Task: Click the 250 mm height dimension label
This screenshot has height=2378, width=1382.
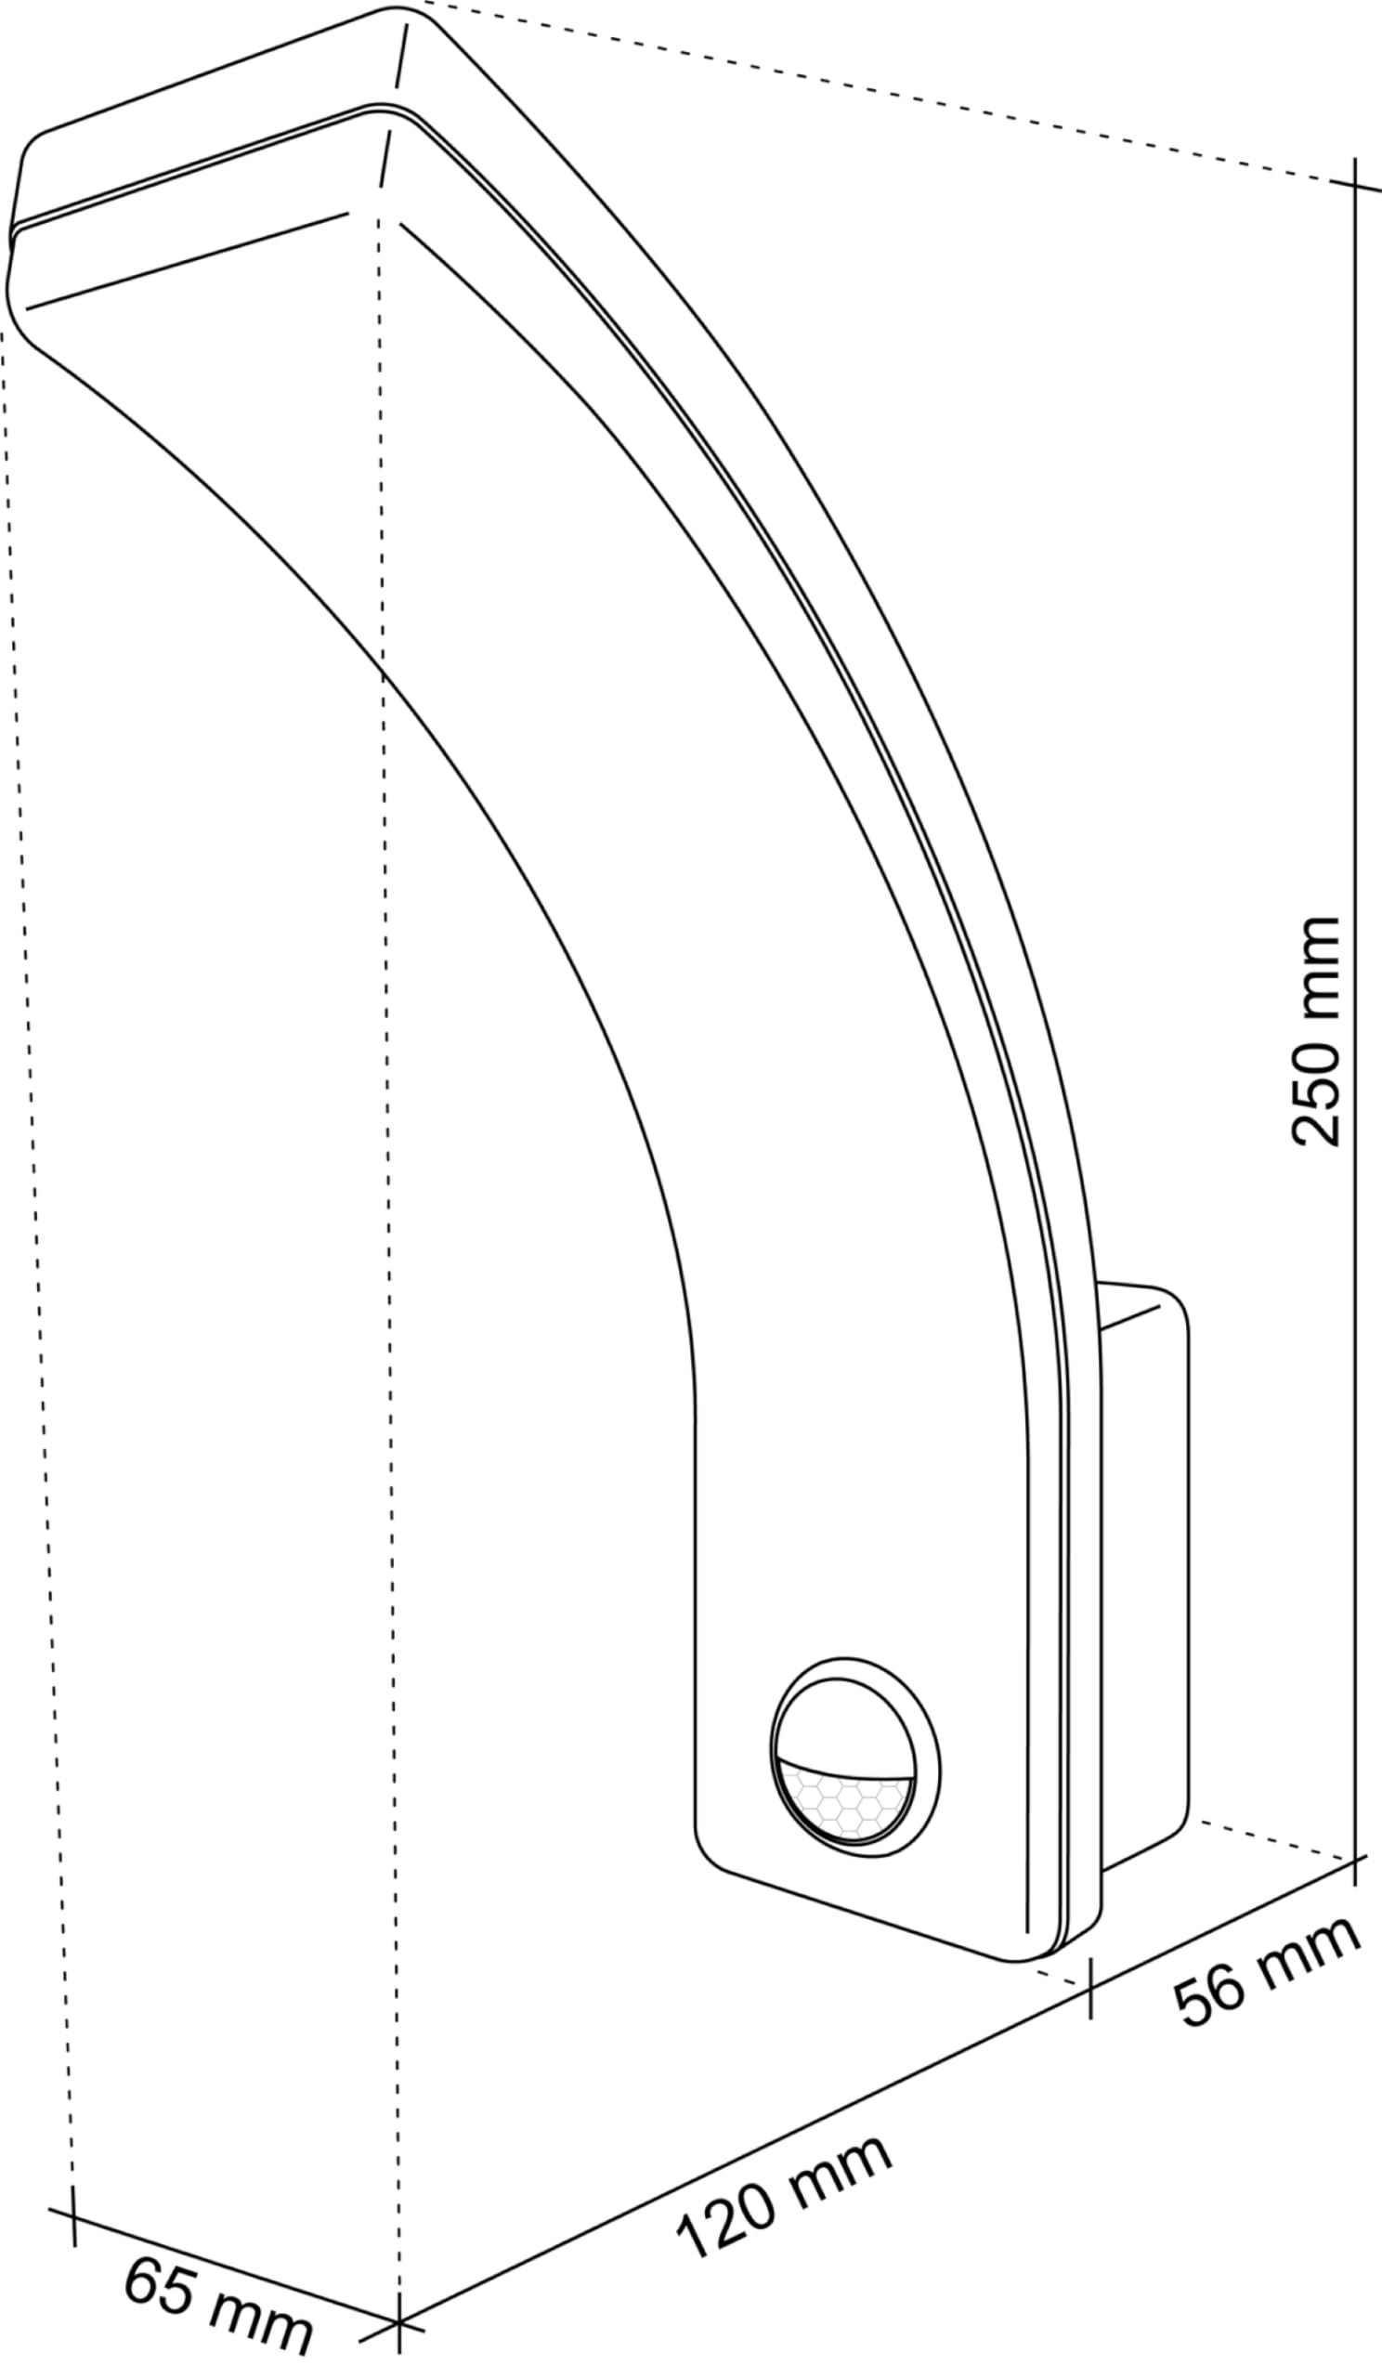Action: click(x=1315, y=1030)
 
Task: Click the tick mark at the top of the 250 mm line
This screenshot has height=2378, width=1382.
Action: click(x=1356, y=184)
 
